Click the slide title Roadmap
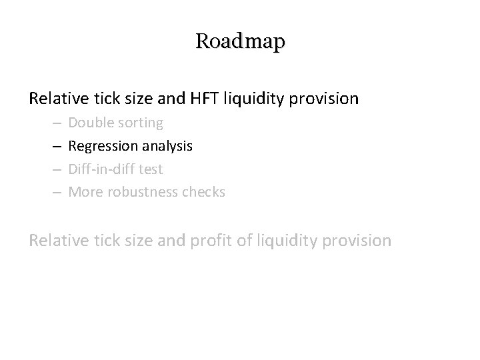(x=240, y=41)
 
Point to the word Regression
(x=101, y=146)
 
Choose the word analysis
(x=165, y=146)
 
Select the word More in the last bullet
(x=84, y=193)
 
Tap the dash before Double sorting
(x=55, y=123)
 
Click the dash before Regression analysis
(x=55, y=147)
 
